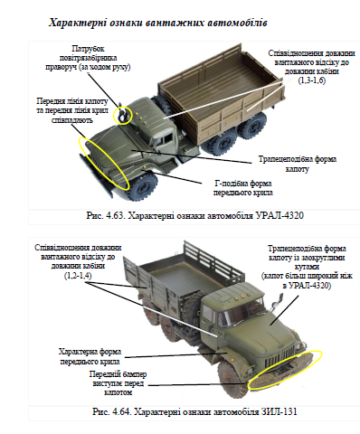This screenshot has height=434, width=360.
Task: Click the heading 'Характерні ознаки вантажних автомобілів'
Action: point(157,23)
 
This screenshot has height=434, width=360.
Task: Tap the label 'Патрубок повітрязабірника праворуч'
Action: point(88,58)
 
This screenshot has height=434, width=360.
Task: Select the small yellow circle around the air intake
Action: point(123,115)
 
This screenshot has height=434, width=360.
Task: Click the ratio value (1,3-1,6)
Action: point(312,80)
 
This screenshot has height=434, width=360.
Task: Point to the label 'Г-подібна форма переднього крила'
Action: point(243,188)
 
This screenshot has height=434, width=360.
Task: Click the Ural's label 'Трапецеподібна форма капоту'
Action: point(298,164)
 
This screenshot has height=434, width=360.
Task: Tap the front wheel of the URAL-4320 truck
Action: point(143,185)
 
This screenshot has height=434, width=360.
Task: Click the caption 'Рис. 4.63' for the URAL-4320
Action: point(194,216)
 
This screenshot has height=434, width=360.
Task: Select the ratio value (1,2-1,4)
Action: point(78,276)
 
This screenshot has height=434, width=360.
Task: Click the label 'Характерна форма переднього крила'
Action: point(90,356)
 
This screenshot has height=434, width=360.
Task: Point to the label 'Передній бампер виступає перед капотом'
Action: point(118,383)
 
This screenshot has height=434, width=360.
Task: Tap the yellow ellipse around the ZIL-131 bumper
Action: point(285,370)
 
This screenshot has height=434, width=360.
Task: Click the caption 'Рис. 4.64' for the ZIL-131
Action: point(194,411)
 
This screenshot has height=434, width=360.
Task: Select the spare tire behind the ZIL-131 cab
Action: point(191,307)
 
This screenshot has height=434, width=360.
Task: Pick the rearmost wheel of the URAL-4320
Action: point(252,126)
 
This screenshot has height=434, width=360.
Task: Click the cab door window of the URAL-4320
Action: point(167,139)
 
